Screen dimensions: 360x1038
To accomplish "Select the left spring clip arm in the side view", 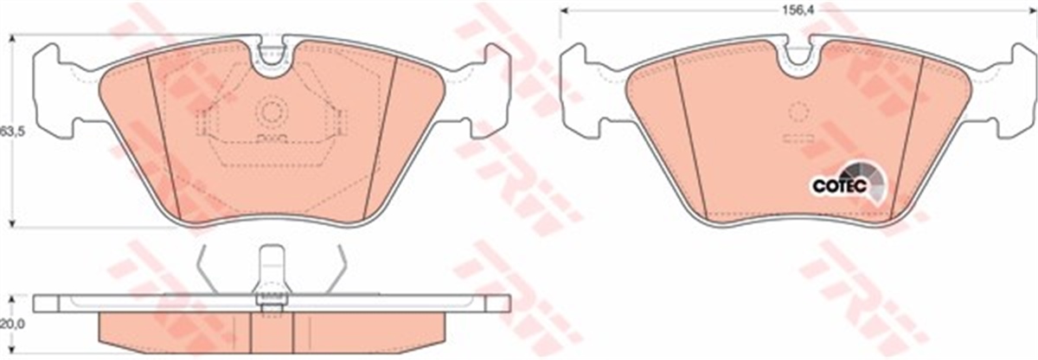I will point(204,267).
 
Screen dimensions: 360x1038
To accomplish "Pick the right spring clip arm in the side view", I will point(341,267).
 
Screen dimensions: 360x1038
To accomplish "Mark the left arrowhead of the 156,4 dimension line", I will point(563,11).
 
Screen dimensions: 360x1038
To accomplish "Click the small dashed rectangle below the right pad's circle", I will point(798,138).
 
